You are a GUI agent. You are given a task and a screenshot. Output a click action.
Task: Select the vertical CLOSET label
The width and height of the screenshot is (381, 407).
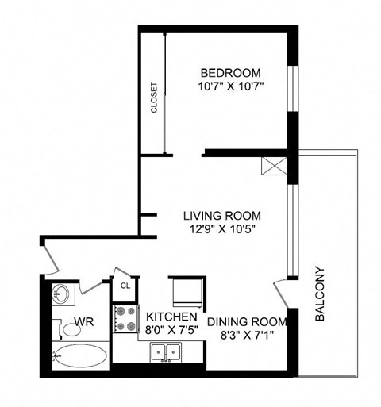coord(153,99)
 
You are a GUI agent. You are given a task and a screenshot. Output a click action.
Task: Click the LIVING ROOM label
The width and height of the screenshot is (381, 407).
coord(221,215)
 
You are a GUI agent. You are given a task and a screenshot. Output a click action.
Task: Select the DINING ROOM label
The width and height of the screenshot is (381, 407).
coord(246,322)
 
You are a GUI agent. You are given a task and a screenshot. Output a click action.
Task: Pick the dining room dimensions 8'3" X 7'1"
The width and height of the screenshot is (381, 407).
coord(246,335)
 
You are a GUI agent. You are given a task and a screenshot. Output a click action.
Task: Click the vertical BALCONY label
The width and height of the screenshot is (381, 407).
coord(321,293)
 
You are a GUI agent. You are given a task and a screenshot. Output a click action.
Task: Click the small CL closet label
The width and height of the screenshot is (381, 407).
coord(125,286)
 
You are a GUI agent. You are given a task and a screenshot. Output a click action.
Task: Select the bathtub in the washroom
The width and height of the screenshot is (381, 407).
coord(79,355)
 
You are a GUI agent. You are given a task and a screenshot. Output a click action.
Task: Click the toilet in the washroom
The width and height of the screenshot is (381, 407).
coord(58,327)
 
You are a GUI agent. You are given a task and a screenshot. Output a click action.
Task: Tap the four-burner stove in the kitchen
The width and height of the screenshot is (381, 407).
coord(125,318)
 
